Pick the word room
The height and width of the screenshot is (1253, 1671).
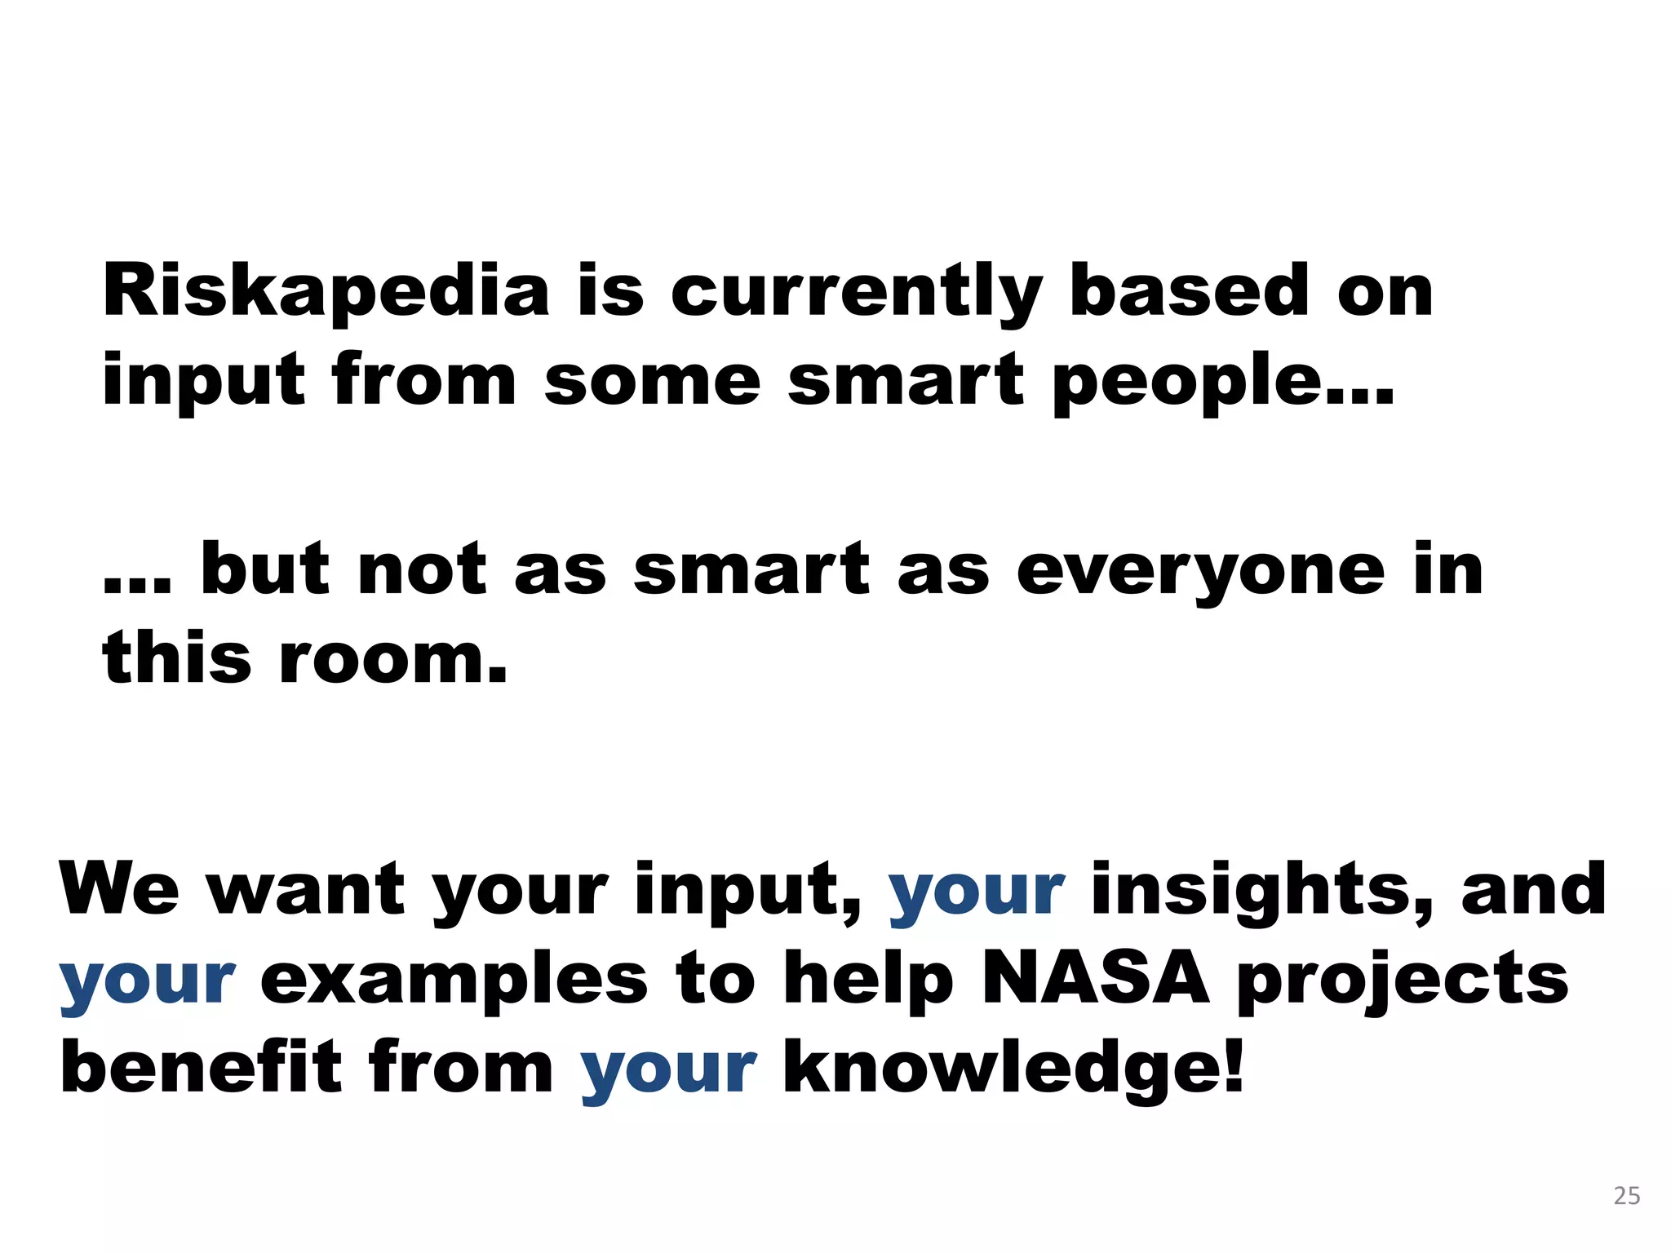click(x=393, y=659)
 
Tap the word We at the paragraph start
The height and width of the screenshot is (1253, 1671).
click(x=119, y=889)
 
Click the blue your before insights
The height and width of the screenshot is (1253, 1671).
click(x=976, y=893)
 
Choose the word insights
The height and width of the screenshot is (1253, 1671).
click(x=1257, y=891)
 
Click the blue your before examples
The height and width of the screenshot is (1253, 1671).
click(x=148, y=982)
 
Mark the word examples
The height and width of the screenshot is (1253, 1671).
click(x=454, y=981)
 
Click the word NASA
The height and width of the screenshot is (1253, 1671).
click(x=1096, y=978)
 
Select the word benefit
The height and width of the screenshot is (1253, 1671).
click(x=201, y=1068)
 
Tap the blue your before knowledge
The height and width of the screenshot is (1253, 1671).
click(x=668, y=1071)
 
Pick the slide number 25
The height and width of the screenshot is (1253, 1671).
click(x=1627, y=1196)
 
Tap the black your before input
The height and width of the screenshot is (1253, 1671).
click(x=521, y=893)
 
